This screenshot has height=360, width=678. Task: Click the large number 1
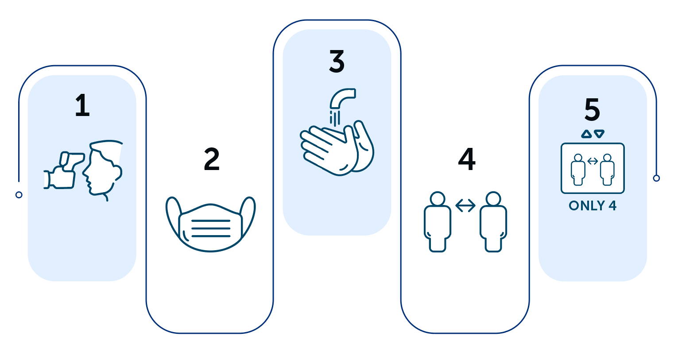(83, 105)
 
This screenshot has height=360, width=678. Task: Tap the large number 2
(212, 159)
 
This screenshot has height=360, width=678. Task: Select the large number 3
(337, 62)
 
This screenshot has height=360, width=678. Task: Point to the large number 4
(467, 159)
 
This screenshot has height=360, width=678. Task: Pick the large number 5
(592, 110)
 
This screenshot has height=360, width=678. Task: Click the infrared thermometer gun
(64, 170)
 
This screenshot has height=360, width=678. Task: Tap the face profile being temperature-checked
(103, 170)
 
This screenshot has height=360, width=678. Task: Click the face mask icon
(211, 224)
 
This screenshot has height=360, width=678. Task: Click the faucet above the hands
(341, 97)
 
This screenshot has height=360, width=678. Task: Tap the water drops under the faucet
(335, 118)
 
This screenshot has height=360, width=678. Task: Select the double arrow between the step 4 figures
(465, 205)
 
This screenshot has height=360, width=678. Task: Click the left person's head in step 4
(438, 199)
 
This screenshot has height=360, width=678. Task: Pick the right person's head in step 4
(493, 199)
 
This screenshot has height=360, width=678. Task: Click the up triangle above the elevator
(586, 134)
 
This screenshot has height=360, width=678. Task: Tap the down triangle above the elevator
(599, 134)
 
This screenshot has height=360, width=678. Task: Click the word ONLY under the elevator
(583, 206)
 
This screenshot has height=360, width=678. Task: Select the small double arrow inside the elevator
(593, 161)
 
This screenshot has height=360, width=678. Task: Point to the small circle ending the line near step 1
(19, 195)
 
